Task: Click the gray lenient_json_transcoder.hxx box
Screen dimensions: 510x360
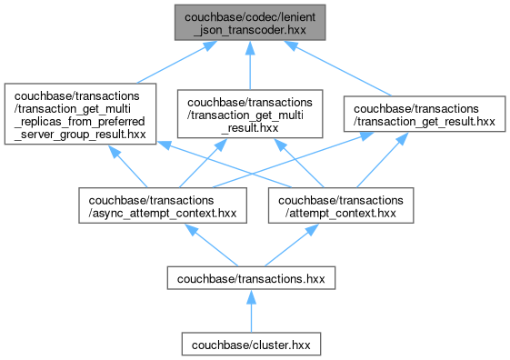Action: pyautogui.click(x=250, y=23)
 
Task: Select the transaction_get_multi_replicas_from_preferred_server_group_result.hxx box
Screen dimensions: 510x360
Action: pyautogui.click(x=80, y=114)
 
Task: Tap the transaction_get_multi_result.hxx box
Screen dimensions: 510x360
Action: pyautogui.click(x=250, y=114)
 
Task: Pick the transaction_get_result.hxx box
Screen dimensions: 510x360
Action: pyautogui.click(x=425, y=114)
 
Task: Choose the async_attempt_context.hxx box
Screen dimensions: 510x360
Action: pyautogui.click(x=163, y=205)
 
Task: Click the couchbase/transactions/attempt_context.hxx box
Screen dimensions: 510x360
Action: pyautogui.click(x=341, y=205)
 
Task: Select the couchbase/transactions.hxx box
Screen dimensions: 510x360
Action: pyautogui.click(x=251, y=278)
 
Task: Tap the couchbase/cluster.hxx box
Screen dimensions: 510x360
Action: pyautogui.click(x=251, y=344)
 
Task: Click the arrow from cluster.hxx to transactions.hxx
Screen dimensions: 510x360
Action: pyautogui.click(x=251, y=311)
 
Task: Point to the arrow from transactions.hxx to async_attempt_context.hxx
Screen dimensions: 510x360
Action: pyautogui.click(x=212, y=245)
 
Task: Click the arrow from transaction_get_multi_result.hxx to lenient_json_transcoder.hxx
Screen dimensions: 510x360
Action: pyautogui.click(x=250, y=65)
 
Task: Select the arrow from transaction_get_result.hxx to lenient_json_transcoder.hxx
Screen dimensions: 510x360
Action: pyautogui.click(x=337, y=68)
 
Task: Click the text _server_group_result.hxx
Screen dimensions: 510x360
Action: pyautogui.click(x=80, y=134)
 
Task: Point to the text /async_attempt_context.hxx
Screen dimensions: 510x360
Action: pyautogui.click(x=163, y=214)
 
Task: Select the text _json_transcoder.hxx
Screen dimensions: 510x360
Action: pyautogui.click(x=250, y=30)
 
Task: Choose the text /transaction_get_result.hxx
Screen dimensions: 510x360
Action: pyautogui.click(x=425, y=122)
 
